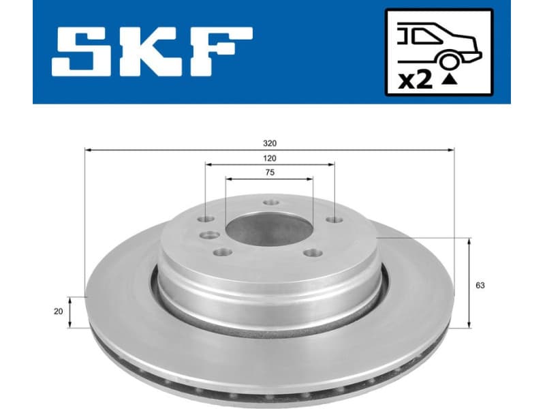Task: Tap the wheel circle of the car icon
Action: pyautogui.click(x=449, y=62)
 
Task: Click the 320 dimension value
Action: pyautogui.click(x=270, y=143)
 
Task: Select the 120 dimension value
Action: pyautogui.click(x=270, y=157)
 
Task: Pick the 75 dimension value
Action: pyautogui.click(x=270, y=172)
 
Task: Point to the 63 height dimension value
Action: pyautogui.click(x=480, y=286)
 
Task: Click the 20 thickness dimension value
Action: pyautogui.click(x=58, y=311)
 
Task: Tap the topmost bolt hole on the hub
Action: pyautogui.click(x=271, y=203)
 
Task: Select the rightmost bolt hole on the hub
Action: pyautogui.click(x=332, y=219)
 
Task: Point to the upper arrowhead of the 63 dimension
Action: pyautogui.click(x=470, y=241)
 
